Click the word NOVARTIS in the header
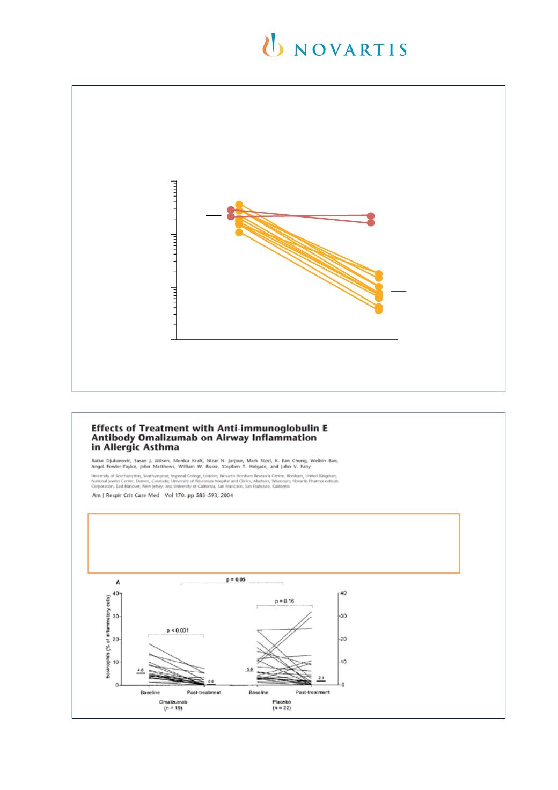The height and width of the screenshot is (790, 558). [x=350, y=49]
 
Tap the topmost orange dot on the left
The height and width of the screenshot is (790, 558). [x=239, y=205]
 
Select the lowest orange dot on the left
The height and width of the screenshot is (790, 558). [x=239, y=231]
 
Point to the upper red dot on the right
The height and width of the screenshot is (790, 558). [x=371, y=216]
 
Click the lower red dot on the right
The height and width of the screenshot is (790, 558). [x=371, y=222]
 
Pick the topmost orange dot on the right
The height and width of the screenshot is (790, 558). [x=379, y=274]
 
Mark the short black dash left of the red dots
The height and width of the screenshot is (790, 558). [x=213, y=215]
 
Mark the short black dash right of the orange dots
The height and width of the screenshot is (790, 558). [x=398, y=291]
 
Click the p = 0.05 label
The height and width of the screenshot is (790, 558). [x=232, y=580]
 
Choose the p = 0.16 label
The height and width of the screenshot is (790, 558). [x=284, y=601]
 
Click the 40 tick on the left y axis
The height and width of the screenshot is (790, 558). [x=116, y=593]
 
